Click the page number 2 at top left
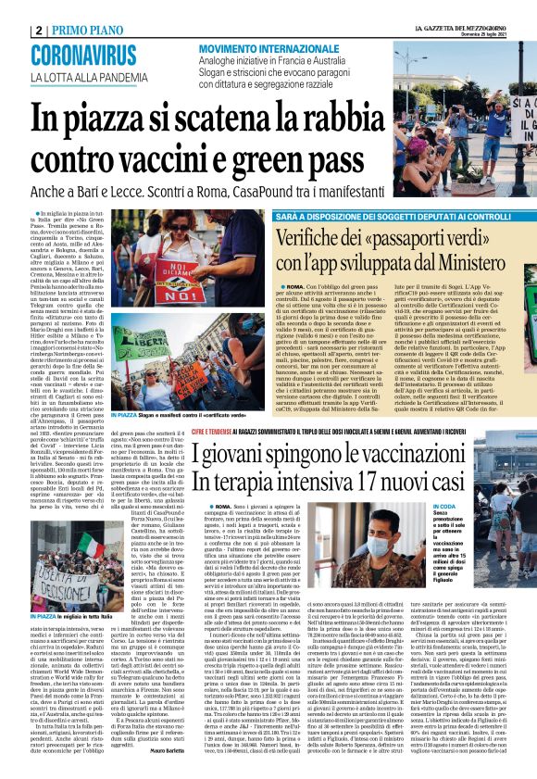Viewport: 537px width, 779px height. (36, 30)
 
